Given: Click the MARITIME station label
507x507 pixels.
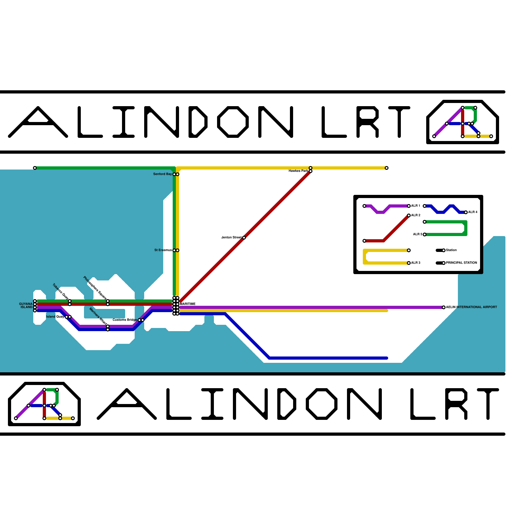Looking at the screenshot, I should tap(188, 304).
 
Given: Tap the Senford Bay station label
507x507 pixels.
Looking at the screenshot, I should tap(162, 174).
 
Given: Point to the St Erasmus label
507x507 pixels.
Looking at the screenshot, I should tap(163, 250).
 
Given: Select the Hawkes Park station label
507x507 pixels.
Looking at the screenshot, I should tap(298, 171).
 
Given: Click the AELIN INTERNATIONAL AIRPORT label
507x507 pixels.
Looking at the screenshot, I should tap(472, 307).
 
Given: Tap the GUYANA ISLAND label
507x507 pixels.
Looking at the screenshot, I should tap(26, 305).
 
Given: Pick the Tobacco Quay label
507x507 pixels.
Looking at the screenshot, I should tap(61, 291).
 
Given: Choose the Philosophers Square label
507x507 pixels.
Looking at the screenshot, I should tap(95, 287).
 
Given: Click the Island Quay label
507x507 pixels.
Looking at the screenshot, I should tap(55, 317).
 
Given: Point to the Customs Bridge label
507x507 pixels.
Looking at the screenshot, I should tap(125, 320).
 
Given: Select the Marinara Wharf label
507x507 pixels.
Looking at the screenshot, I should tap(98, 316).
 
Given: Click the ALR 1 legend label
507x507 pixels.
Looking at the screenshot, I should tap(416, 206).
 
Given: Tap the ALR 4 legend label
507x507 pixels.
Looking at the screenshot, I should tap(473, 212).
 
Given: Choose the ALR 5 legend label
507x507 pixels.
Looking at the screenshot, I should tap(417, 234).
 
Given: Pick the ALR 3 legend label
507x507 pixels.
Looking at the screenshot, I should tap(416, 263).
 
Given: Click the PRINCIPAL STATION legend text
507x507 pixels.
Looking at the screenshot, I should tap(461, 263).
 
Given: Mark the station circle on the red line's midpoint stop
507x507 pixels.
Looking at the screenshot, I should tap(244, 238).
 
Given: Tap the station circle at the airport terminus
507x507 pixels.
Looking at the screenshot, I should tap(444, 307).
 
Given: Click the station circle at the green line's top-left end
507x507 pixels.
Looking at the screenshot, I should tap(35, 168).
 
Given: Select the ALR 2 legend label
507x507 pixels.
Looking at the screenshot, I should tap(416, 215).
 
